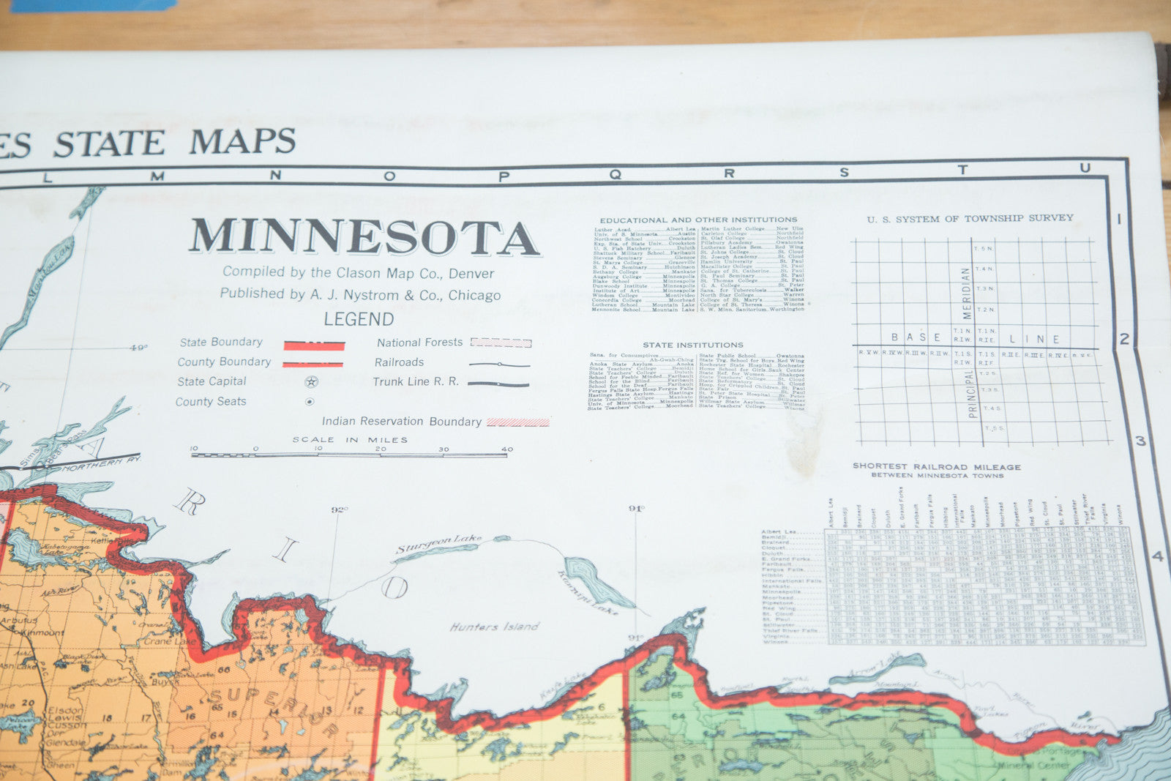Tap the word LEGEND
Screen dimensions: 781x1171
[x=359, y=319]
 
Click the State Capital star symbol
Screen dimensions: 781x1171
[x=312, y=381]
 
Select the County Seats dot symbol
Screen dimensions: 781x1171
[x=310, y=401]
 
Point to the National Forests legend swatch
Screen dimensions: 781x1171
[x=501, y=342]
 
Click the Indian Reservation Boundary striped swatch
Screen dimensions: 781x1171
[x=517, y=422]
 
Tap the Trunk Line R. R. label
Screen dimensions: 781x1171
[x=416, y=381]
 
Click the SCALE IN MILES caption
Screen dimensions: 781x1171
[x=350, y=440]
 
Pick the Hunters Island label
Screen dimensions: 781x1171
[x=494, y=627]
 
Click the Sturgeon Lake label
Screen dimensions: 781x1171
[x=439, y=545]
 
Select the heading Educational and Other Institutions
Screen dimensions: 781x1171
[x=698, y=220]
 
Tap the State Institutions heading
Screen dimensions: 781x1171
[x=692, y=345]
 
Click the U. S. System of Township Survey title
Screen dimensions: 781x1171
[x=970, y=218]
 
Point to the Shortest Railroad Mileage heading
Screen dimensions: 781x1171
[x=936, y=466]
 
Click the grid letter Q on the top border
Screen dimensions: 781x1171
[x=615, y=174]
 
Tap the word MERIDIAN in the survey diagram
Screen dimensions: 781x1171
[x=965, y=293]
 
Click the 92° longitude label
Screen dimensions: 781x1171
[x=339, y=509]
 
